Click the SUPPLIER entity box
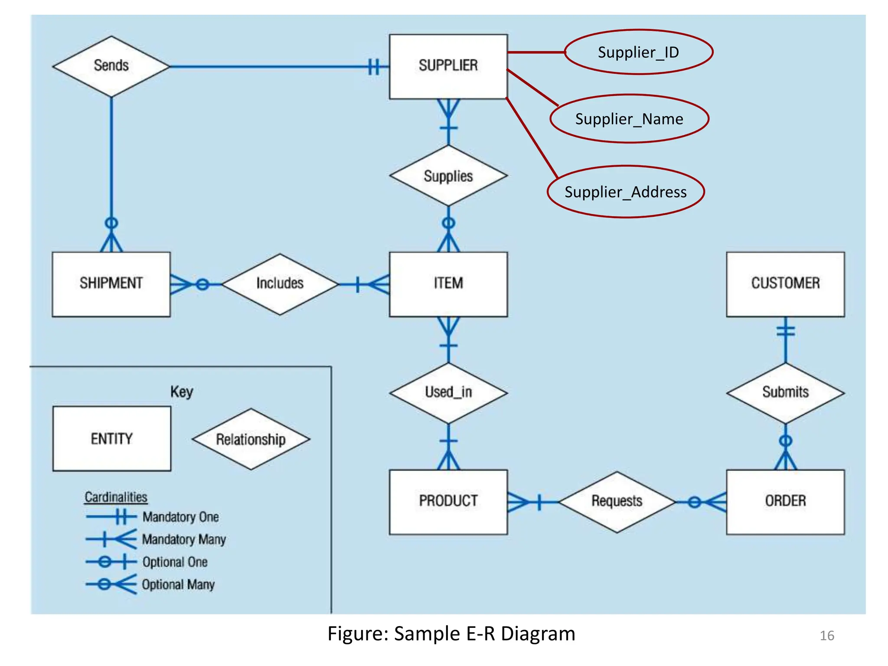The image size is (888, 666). click(448, 66)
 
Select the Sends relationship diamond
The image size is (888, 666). click(111, 66)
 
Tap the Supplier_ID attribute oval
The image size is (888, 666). click(638, 52)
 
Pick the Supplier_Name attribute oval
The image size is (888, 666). click(629, 118)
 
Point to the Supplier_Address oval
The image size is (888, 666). click(625, 191)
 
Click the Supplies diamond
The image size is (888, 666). click(448, 176)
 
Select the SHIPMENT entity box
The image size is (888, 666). click(111, 284)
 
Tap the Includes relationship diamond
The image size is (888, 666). click(280, 284)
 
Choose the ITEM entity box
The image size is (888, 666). click(448, 284)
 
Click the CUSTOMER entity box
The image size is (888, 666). click(785, 284)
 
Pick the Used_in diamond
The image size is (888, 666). click(448, 392)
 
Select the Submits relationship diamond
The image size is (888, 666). click(785, 392)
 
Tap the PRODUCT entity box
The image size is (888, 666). click(448, 501)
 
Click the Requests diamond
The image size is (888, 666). click(617, 501)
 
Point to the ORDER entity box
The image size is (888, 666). click(785, 501)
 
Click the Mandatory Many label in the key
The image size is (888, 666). click(184, 539)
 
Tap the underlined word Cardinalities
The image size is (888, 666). click(116, 497)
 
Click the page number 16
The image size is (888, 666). click(826, 636)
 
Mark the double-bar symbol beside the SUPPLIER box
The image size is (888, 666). click(374, 67)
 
